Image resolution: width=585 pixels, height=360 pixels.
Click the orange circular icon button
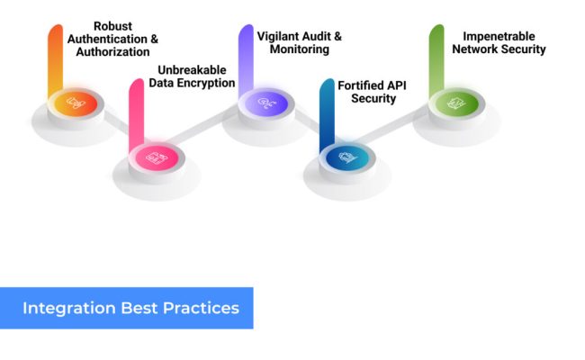coord(76,104)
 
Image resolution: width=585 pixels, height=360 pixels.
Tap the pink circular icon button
coord(157,157)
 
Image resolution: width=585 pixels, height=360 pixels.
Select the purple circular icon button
coord(266,104)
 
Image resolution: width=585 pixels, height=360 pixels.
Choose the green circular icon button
coord(457,104)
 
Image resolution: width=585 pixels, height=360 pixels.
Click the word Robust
coord(112,26)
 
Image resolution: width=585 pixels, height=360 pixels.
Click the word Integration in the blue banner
coord(68,308)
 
